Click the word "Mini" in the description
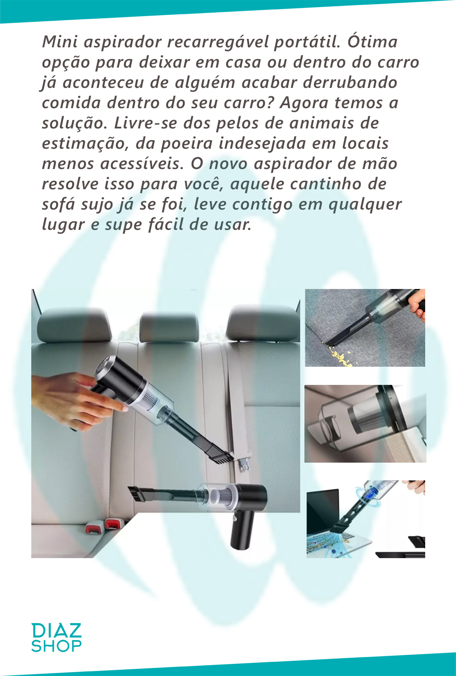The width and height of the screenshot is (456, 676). coord(60,41)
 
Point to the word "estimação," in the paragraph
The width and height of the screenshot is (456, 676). coord(85,143)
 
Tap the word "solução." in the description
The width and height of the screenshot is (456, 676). coord(74,123)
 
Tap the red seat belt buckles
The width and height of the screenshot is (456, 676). coord(105,526)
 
